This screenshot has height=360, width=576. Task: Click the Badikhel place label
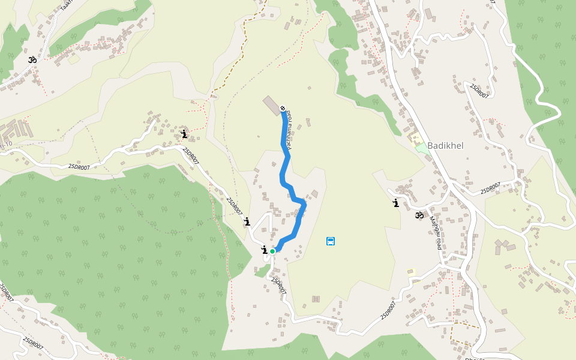tap(445, 146)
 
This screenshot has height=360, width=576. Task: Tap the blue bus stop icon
tap(331, 241)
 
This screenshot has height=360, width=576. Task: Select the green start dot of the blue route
tap(272, 251)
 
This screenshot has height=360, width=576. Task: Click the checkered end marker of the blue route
tap(283, 109)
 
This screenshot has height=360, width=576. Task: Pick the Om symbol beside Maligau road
tap(419, 215)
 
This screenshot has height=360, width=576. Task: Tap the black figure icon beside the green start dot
tap(264, 250)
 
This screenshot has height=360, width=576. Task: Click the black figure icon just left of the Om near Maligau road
tap(395, 203)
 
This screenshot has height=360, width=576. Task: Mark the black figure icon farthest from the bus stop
tap(184, 134)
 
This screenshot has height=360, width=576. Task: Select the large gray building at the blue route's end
tap(271, 104)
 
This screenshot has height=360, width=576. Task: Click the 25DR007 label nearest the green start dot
tap(278, 285)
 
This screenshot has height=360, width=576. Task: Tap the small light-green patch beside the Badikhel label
tap(422, 148)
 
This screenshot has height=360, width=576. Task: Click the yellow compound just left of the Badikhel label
tap(415, 139)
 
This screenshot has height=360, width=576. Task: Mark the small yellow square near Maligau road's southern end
tap(411, 273)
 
